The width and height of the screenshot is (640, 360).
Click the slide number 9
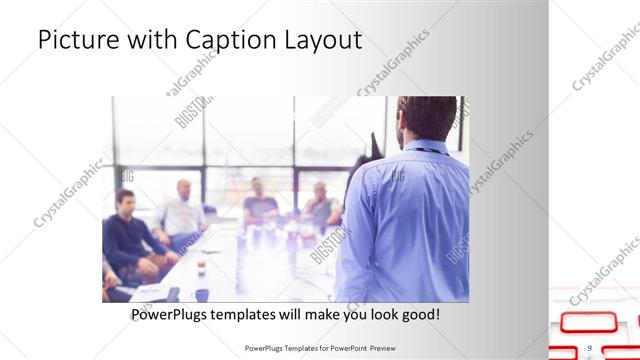click(590, 348)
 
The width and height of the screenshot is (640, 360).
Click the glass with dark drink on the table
click(200, 265)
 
